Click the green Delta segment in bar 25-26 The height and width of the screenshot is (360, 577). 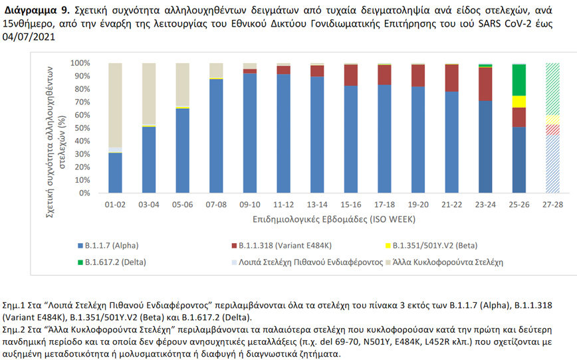click(x=519, y=80)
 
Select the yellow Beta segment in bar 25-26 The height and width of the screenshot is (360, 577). click(x=519, y=102)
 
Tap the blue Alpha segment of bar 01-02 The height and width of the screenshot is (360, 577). click(x=115, y=173)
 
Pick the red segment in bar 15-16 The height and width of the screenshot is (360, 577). click(x=350, y=75)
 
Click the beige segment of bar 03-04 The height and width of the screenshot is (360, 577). click(x=148, y=93)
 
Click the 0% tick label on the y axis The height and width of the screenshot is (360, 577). click(x=82, y=193)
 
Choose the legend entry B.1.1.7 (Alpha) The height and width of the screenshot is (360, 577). click(x=111, y=244)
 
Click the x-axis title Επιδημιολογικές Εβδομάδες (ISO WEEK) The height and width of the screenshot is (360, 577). click(x=334, y=219)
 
